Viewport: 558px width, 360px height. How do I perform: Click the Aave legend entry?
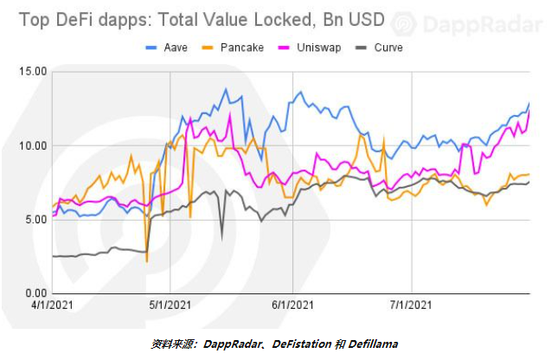[167, 48]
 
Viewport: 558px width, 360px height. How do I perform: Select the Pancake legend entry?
[233, 48]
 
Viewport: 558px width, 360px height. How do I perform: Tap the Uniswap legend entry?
[310, 48]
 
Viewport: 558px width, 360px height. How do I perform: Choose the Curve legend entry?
[379, 48]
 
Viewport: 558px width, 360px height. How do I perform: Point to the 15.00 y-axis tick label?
[33, 72]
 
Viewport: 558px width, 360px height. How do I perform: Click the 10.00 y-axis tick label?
[33, 145]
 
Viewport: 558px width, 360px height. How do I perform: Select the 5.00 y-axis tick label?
[36, 219]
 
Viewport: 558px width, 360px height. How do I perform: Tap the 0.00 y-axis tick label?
[36, 293]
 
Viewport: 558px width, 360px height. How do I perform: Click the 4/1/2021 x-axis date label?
[52, 305]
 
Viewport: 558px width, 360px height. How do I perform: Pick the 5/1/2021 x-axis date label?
[170, 305]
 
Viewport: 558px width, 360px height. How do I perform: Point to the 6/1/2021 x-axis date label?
[292, 305]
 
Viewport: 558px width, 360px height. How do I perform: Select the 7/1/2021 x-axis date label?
[411, 305]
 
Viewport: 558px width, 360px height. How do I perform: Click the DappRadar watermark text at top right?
[483, 24]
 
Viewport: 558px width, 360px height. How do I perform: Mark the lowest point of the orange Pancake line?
[146, 262]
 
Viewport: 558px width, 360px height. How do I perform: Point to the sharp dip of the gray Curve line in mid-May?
[222, 240]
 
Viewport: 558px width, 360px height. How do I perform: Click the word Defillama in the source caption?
[373, 344]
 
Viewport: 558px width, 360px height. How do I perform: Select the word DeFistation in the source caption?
[302, 344]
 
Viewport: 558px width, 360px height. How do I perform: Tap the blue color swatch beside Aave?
[151, 48]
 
